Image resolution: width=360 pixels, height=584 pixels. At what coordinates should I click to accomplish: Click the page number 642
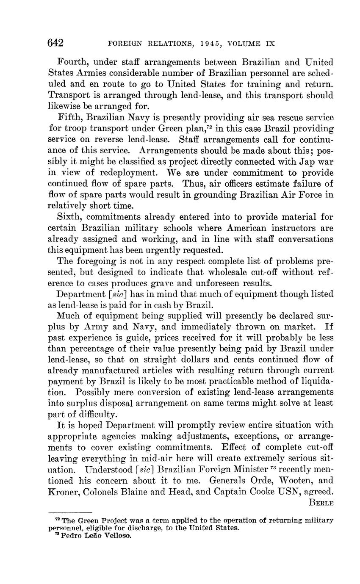[55, 43]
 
